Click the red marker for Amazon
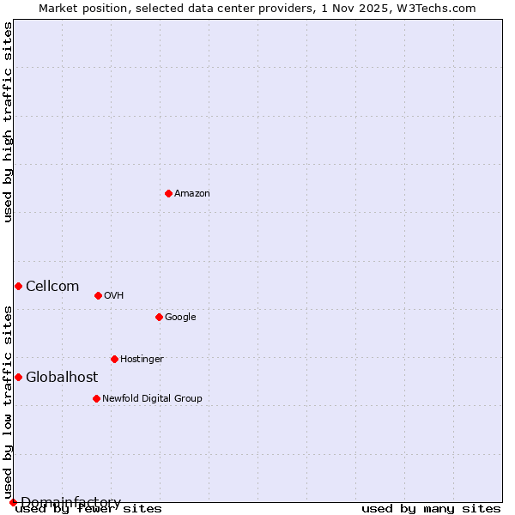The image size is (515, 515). tap(168, 193)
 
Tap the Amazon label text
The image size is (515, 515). tap(192, 194)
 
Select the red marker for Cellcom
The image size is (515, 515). tap(18, 286)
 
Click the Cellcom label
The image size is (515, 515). tap(52, 287)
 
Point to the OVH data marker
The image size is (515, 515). tap(98, 295)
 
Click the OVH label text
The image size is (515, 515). tap(114, 296)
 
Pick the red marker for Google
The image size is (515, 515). tap(159, 317)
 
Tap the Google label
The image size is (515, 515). tap(180, 318)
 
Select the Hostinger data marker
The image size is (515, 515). tap(114, 359)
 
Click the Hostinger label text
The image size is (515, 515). tap(142, 360)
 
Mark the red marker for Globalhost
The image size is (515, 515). tap(18, 377)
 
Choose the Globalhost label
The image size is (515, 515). tap(62, 378)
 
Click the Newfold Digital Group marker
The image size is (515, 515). tap(96, 398)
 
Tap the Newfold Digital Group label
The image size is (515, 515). tap(152, 399)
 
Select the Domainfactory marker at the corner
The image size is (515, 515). tap(13, 502)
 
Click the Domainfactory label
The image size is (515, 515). tap(70, 502)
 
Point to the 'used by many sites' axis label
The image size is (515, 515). tap(431, 509)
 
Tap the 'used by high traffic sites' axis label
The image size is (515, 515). tap(8, 122)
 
